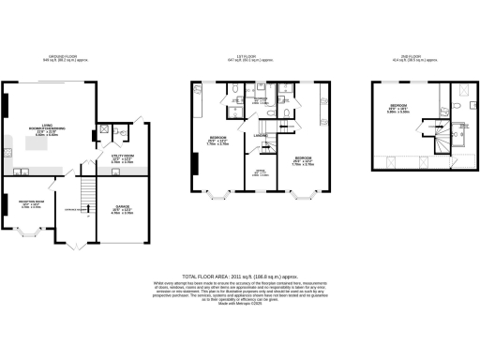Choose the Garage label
123,208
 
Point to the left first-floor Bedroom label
217,142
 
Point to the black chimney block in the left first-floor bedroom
195,164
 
